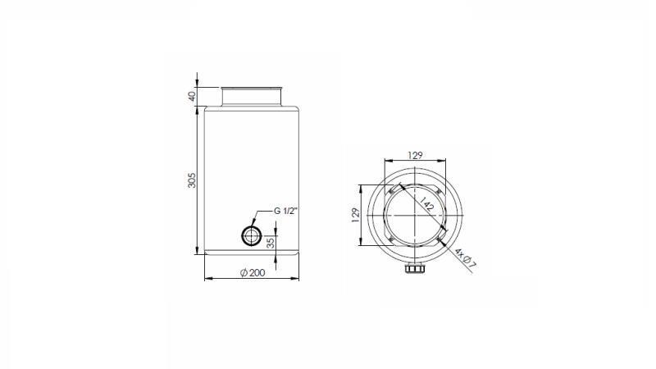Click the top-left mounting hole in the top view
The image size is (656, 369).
click(x=390, y=186)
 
